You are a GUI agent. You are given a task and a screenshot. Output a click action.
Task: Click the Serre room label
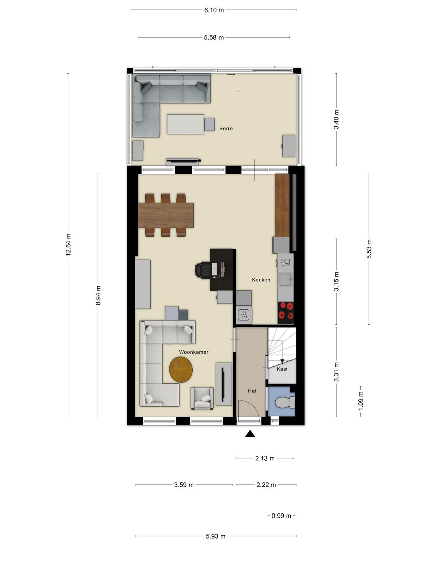(226, 129)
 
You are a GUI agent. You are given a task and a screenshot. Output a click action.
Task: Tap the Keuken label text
(261, 280)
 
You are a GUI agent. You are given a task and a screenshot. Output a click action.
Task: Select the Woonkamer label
(193, 352)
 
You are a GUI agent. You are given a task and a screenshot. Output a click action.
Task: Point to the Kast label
(282, 369)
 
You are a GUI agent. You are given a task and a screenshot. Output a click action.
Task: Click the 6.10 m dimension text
(214, 10)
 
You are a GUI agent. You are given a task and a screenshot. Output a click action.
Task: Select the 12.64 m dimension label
(68, 244)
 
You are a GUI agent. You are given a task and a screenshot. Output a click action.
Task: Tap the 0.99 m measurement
(281, 516)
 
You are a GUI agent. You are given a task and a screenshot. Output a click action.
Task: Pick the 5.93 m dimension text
(216, 536)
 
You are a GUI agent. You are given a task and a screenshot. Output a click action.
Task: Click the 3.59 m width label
(184, 485)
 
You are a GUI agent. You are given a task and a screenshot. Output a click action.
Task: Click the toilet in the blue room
(285, 402)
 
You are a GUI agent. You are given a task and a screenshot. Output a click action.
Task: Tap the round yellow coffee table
(181, 369)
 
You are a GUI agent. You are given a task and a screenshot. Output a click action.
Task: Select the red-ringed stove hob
(286, 313)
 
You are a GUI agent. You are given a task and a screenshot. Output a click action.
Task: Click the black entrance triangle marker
(250, 434)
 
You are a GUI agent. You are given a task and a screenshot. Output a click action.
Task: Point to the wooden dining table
(166, 215)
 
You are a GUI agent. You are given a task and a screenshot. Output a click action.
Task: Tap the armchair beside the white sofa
(202, 398)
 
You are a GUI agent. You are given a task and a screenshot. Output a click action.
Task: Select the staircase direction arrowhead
(282, 361)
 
